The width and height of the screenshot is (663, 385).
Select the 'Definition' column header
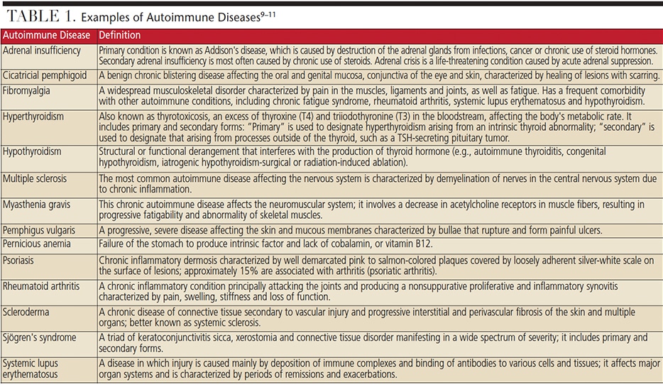click(119, 35)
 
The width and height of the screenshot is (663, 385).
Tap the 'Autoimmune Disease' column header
click(47, 35)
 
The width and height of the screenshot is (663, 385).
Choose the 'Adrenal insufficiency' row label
click(42, 50)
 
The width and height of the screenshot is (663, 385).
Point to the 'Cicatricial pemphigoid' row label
click(45, 75)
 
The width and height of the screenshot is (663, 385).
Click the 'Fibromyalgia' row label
click(27, 91)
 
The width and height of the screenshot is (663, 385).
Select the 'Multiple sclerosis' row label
click(36, 178)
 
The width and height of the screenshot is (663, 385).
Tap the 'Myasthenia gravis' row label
click(37, 204)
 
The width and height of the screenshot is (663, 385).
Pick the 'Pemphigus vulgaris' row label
click(39, 231)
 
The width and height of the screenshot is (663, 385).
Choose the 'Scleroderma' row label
click(28, 311)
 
